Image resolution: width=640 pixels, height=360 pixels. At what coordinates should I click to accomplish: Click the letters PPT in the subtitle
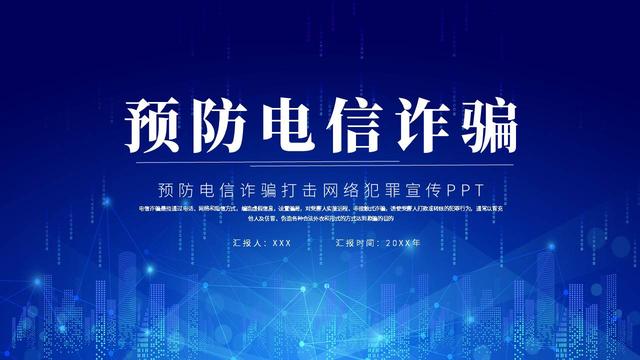click(x=465, y=188)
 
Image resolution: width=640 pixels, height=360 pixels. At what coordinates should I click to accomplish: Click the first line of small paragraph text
click(x=320, y=209)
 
